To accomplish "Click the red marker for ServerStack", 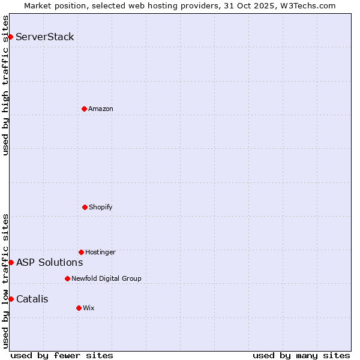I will (x=10, y=37).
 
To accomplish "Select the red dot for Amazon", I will (x=84, y=109).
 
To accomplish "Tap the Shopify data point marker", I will (x=85, y=207).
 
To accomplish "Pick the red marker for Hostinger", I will (x=81, y=252).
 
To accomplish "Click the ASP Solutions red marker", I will (x=11, y=262).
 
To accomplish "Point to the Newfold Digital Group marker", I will (x=67, y=278).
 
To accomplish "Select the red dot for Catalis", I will (x=11, y=299).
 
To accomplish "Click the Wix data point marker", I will (x=79, y=308).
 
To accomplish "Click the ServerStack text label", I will (x=45, y=37).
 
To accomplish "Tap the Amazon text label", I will (x=101, y=109).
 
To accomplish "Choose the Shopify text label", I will (x=101, y=207).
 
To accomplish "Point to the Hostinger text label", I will (x=100, y=252).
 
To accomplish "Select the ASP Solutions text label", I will (x=50, y=262).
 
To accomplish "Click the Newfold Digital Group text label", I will (x=107, y=278).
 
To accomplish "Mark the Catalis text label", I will (x=32, y=299).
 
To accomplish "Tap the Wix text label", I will (x=89, y=308).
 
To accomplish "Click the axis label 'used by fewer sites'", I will (x=62, y=355).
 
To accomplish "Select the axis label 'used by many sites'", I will (x=301, y=355).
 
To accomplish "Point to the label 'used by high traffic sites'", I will (x=5, y=85).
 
